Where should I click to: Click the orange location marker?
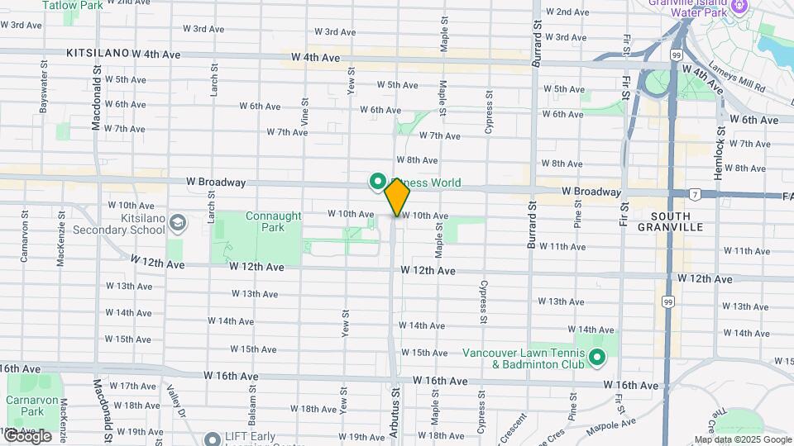[398, 197]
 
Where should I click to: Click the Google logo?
[27, 436]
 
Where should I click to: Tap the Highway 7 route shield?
[696, 194]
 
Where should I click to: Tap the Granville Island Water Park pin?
[739, 7]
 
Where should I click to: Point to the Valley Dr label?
[174, 401]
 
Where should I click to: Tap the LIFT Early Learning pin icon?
[213, 438]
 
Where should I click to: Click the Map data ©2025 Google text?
[743, 439]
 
